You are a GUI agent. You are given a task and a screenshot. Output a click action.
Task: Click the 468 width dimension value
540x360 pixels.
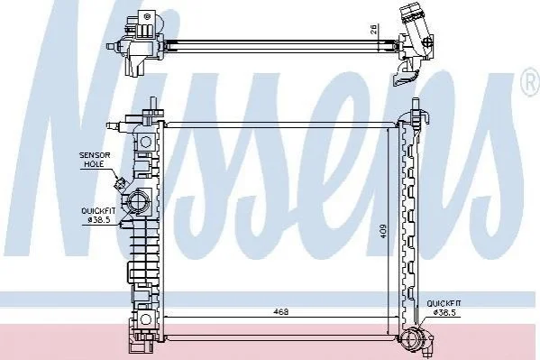[280, 311]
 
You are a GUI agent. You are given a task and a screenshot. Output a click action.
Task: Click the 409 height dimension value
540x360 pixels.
[383, 232]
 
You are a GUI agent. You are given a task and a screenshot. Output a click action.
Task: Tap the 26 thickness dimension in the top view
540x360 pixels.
[374, 29]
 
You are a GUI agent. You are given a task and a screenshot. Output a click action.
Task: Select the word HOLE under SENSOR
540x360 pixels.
[94, 164]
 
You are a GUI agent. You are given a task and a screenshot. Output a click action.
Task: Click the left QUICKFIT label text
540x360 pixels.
[98, 211]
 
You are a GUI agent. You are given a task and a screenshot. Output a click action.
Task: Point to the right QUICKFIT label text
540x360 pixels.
[444, 303]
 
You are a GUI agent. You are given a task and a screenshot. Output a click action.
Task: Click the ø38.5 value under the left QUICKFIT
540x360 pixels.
[99, 219]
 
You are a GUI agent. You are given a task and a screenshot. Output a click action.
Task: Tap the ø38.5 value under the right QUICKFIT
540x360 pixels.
[444, 312]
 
